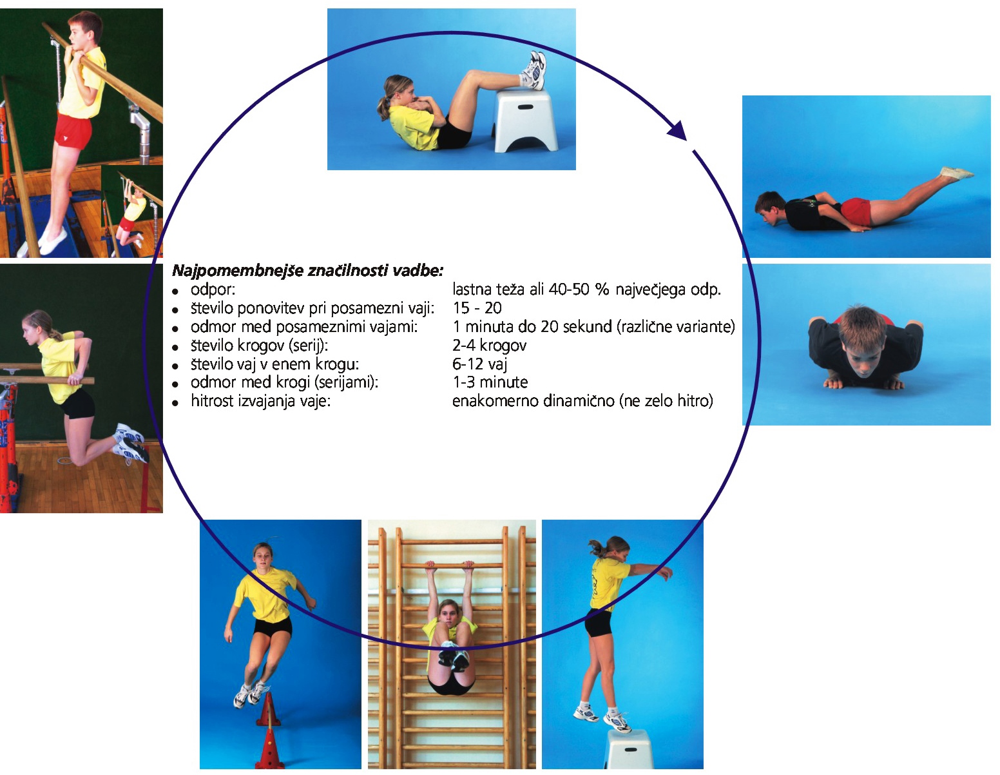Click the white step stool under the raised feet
click(524, 120)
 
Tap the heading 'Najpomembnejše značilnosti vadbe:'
click(307, 270)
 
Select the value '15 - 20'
click(477, 308)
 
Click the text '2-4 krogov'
click(489, 345)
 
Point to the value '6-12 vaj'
click(479, 364)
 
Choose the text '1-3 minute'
click(490, 382)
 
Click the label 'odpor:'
click(213, 289)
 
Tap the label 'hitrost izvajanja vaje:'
click(260, 401)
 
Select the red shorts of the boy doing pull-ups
click(73, 132)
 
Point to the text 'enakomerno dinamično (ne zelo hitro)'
click(582, 401)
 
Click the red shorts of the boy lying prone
click(856, 211)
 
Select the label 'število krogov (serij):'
click(259, 346)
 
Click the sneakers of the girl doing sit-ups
click(534, 70)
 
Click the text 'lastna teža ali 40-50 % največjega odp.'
click(587, 289)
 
